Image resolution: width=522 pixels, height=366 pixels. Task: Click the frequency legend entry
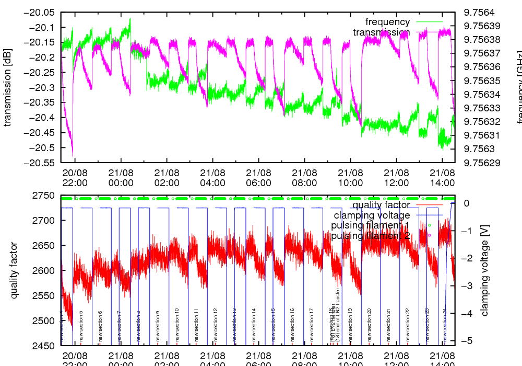point(387,22)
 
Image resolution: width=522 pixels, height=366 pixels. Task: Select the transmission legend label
point(381,32)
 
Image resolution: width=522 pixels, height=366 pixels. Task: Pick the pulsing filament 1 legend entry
point(370,225)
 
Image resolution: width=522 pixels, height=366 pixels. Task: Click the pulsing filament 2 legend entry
point(370,236)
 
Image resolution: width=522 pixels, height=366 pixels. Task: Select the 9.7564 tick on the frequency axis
point(479,13)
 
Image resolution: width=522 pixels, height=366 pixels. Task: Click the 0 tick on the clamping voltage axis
point(467,203)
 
